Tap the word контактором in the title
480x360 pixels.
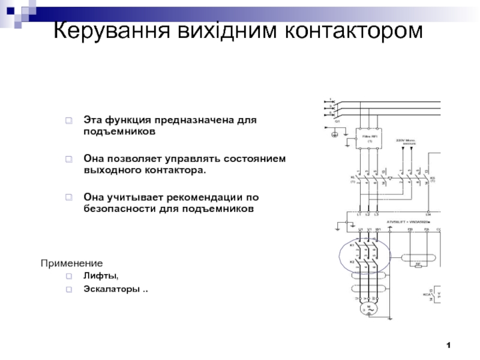point(353,29)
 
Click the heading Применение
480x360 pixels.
point(71,263)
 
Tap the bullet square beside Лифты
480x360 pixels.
point(70,277)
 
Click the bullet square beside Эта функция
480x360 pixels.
point(70,121)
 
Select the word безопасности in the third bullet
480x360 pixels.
point(120,209)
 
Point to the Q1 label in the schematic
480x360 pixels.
point(338,121)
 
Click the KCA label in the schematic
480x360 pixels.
point(427,295)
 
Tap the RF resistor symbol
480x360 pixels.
point(417,263)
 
